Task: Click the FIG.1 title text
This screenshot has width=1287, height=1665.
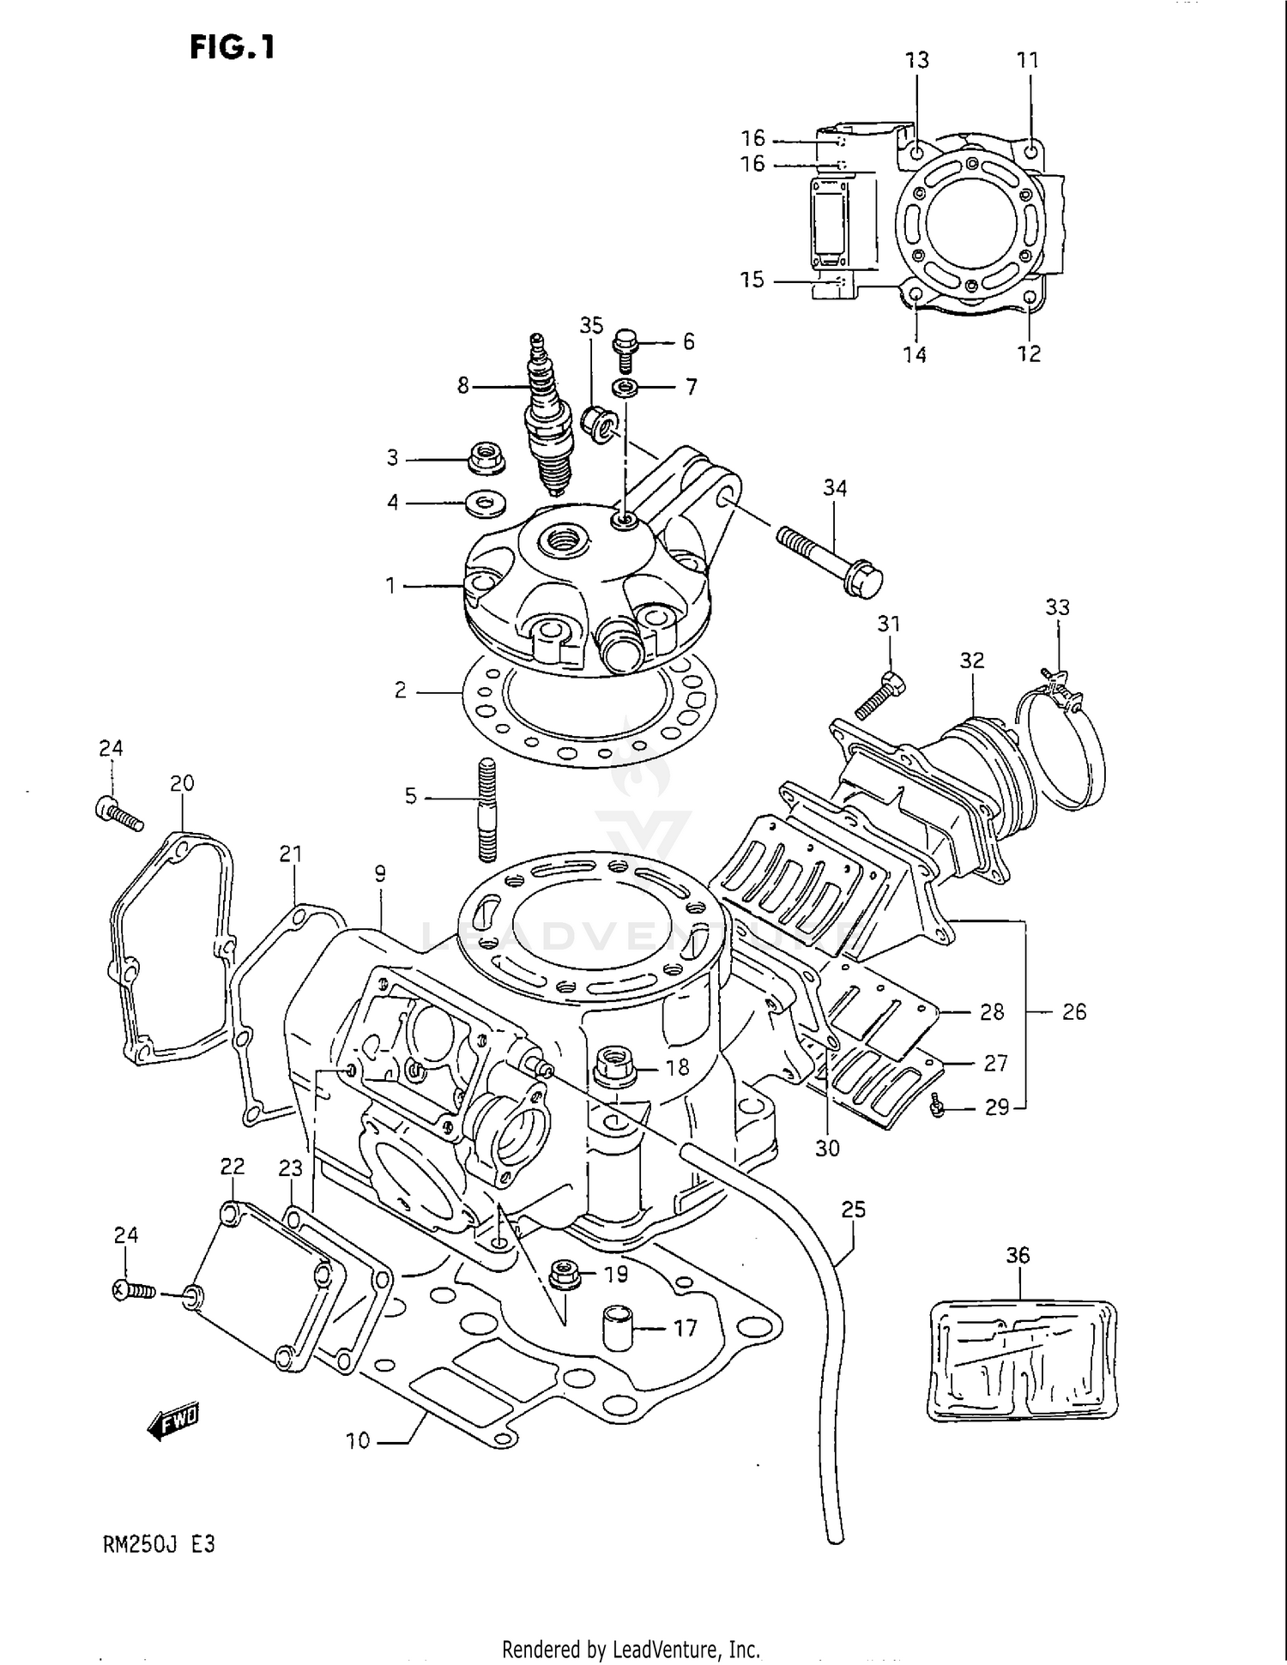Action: (x=233, y=47)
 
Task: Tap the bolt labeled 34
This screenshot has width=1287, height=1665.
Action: (x=829, y=558)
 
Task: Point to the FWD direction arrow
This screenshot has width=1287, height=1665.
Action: (x=174, y=1423)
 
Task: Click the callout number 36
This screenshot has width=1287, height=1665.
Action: (x=1018, y=1255)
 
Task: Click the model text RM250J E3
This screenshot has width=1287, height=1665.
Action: (x=159, y=1544)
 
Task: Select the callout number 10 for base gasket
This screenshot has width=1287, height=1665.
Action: (x=358, y=1440)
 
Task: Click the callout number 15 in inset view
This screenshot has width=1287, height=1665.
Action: (x=752, y=281)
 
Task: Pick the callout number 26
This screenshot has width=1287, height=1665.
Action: (x=1073, y=1012)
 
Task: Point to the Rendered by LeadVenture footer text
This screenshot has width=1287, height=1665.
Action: (x=631, y=1649)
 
